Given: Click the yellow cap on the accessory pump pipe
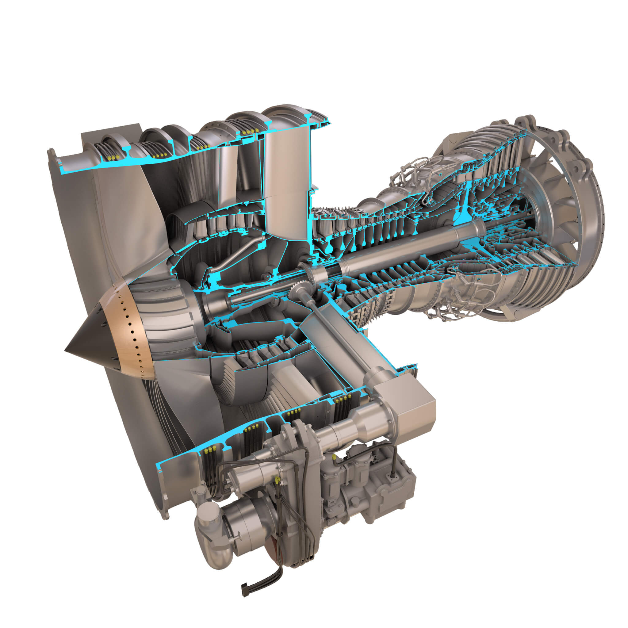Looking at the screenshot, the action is (x=334, y=458).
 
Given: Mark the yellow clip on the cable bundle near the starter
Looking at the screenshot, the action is (x=277, y=479).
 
